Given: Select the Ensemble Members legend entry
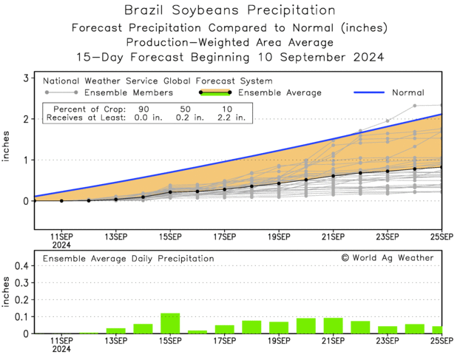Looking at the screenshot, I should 127,93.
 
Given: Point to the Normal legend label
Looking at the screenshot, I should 408,93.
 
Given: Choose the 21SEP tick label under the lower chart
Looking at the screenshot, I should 333,342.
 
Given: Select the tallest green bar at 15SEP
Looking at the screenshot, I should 170,323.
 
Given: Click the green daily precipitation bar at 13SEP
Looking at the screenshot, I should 115,330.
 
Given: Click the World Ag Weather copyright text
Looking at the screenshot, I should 388,257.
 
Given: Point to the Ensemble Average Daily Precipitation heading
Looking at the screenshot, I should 128,259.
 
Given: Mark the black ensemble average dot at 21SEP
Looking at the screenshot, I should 333,175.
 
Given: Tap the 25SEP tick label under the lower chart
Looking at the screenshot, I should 442,342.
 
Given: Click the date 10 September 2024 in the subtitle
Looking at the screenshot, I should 319,57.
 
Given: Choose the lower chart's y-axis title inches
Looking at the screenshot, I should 7,293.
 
